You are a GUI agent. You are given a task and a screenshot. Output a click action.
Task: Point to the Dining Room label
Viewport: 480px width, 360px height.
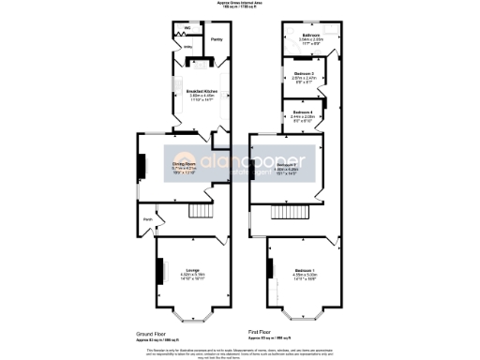pyautogui.click(x=183, y=165)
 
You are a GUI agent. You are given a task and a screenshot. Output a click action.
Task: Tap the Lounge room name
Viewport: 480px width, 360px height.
pyautogui.click(x=191, y=269)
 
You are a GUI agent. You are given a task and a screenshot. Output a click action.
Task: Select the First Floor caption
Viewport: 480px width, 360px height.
pyautogui.click(x=265, y=332)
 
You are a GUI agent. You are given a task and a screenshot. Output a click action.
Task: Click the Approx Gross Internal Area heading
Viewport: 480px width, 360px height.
pyautogui.click(x=241, y=4)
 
